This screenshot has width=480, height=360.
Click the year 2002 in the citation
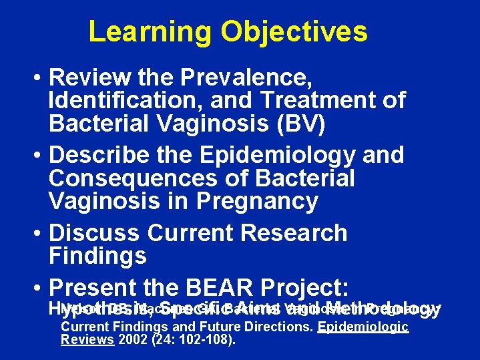pyautogui.click(x=129, y=339)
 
